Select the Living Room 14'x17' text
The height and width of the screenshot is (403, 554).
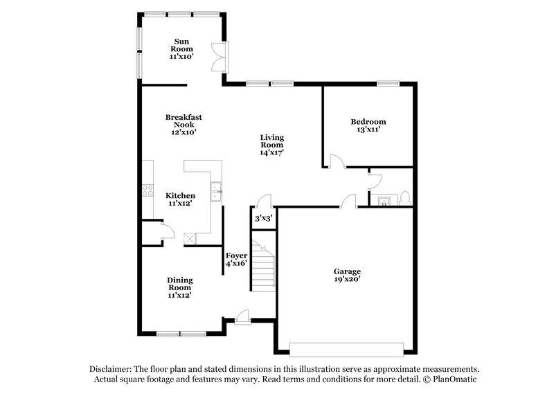click(271, 145)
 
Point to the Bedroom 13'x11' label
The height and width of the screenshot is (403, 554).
click(368, 125)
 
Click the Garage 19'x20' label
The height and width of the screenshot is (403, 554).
click(347, 275)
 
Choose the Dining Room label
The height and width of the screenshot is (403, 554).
click(179, 287)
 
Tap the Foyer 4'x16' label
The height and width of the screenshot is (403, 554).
click(237, 260)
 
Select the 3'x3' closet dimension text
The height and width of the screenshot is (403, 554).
click(263, 218)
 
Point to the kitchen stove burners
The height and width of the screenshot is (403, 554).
click(148, 190)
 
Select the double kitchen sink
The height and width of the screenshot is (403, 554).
click(216, 191)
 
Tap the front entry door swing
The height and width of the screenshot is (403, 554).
click(242, 316)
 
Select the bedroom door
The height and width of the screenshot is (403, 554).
click(335, 162)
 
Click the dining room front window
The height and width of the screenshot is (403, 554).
click(178, 334)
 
